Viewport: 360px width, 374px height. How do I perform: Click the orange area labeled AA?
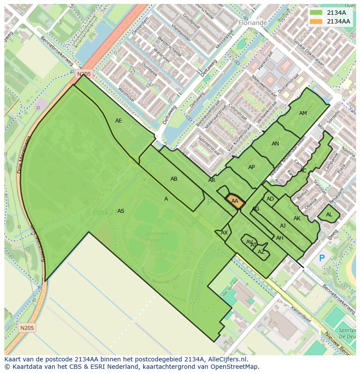pos(235,201)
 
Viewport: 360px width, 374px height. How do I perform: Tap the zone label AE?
pos(119,121)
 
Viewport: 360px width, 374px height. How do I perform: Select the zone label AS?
pos(121,211)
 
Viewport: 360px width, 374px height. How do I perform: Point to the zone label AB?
pos(174,179)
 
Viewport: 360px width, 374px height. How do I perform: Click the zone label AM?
pos(303,113)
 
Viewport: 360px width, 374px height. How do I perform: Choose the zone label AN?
pos(275,144)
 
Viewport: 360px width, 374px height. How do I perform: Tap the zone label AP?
pos(251,167)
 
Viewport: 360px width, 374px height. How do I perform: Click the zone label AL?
pos(329,215)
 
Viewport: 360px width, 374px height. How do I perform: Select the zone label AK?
pos(297,218)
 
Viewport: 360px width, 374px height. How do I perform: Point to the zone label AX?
pos(224,233)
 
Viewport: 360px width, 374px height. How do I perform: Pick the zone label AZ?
pos(261,252)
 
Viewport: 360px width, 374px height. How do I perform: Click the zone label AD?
pos(270,199)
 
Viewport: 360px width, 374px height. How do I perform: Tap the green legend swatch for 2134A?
pos(316,13)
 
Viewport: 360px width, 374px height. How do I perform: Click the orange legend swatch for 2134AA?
pos(316,21)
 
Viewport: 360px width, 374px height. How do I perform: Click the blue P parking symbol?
pos(322,258)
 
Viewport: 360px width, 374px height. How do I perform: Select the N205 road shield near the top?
pos(84,74)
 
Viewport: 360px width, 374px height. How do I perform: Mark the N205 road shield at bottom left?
pos(27,327)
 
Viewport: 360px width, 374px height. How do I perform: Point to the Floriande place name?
pos(252,22)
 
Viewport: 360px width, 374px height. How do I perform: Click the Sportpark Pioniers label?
pos(156,237)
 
